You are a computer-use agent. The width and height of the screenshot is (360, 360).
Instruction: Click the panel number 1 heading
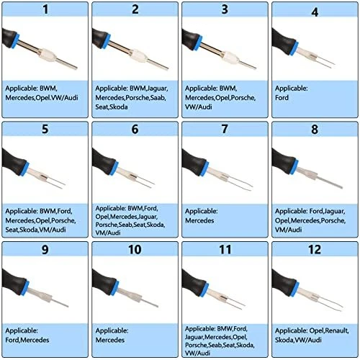45,9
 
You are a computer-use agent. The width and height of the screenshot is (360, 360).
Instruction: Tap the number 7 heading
225,129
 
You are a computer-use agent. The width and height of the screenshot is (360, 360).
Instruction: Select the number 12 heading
315,249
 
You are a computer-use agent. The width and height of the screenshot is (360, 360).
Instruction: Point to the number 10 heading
135,249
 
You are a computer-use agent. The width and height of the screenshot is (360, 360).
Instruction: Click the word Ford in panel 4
282,98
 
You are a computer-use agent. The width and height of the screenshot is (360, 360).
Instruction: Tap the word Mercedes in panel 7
199,220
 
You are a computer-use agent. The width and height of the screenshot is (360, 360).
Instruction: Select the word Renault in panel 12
336,330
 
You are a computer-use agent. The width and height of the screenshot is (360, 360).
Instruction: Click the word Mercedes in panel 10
110,340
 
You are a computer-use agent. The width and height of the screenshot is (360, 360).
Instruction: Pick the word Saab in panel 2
158,98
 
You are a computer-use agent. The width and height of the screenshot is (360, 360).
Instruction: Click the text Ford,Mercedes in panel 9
27,340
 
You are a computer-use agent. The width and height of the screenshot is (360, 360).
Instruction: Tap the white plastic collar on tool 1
48,55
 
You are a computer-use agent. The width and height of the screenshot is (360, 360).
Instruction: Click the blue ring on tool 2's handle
106,41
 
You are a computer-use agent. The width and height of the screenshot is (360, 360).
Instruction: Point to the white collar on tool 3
228,57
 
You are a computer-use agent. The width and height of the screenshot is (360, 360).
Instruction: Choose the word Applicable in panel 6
110,208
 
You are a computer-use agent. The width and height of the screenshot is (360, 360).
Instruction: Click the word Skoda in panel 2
119,107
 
